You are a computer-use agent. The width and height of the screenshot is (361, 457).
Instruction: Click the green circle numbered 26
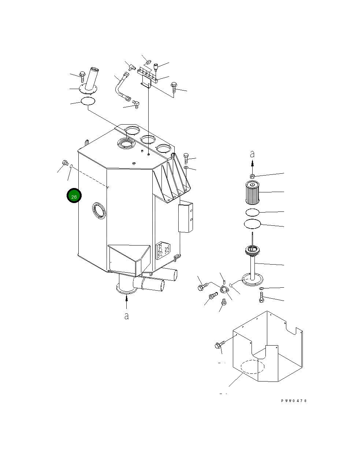[x=74, y=196]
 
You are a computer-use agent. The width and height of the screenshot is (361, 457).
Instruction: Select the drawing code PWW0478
[x=294, y=401]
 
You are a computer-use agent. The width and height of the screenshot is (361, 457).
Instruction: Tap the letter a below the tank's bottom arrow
[x=126, y=316]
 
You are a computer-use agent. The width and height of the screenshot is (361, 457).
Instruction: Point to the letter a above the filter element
[x=252, y=154]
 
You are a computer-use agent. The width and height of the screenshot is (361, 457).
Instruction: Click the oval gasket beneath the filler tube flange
[x=88, y=101]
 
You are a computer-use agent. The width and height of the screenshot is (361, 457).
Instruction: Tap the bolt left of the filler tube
[x=82, y=76]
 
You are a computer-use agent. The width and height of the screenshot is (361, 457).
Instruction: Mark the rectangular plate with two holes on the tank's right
[x=186, y=218]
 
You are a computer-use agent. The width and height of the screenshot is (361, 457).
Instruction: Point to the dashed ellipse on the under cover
[x=252, y=366]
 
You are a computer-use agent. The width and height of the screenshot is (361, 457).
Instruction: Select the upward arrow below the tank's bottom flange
[x=126, y=303]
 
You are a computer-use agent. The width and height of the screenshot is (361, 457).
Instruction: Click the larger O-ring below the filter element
[x=252, y=223]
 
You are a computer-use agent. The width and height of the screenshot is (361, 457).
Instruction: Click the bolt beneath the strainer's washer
[x=261, y=299]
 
